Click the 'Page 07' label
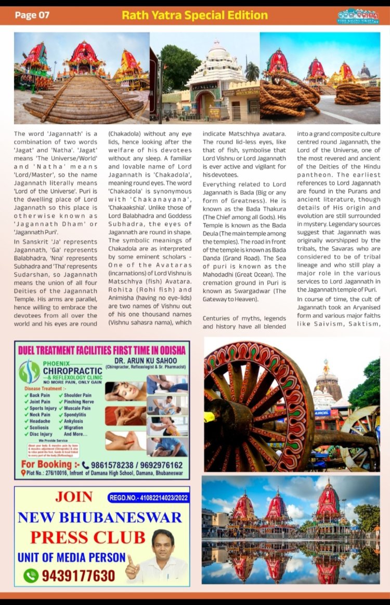coord(32,15)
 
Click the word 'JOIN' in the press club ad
coord(74,497)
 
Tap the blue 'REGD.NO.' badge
coord(149,499)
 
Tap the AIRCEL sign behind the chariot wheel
coord(322,413)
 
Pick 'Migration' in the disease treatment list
coord(75,427)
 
